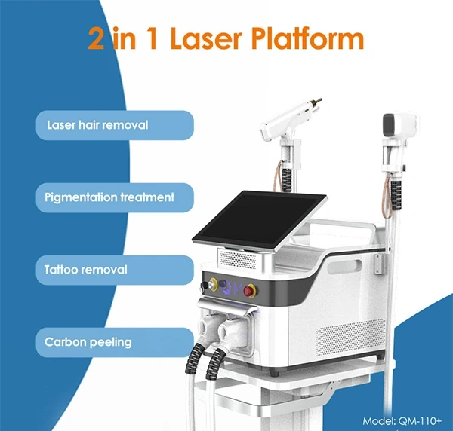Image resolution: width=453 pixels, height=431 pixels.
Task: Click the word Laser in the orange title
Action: (205, 38)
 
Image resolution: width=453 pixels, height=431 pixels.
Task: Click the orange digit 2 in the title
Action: (96, 38)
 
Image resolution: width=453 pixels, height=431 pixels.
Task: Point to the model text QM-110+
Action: (420, 421)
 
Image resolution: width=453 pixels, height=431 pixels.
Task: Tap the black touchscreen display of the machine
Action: (259, 219)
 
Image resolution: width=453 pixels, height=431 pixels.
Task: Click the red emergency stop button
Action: (249, 291)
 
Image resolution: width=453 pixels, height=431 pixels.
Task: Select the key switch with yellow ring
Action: (213, 284)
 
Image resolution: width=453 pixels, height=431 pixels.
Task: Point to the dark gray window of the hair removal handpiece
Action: (389, 125)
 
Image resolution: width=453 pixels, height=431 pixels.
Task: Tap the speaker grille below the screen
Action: (238, 259)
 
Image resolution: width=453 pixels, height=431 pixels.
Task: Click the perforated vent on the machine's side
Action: (350, 337)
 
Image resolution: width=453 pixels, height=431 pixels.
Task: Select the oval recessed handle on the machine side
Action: (345, 267)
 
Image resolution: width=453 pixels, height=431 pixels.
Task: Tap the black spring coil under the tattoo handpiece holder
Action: (287, 181)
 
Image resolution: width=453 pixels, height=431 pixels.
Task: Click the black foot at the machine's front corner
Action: (274, 373)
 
